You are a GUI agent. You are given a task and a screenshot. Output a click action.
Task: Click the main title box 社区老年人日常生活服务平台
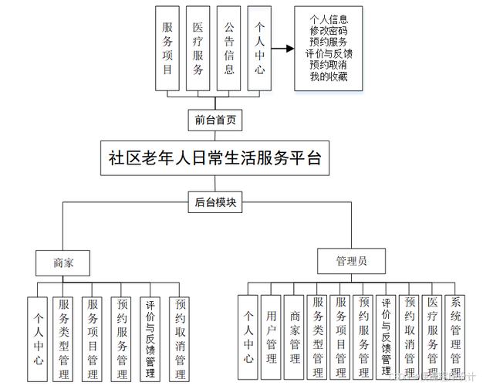[x=215, y=160]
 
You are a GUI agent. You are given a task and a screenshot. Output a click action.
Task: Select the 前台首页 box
[x=215, y=120]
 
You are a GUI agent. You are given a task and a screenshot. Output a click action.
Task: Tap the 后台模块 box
[x=215, y=203]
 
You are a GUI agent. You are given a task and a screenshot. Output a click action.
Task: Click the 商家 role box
[x=63, y=262]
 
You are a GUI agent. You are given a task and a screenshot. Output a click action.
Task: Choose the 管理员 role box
[x=351, y=262]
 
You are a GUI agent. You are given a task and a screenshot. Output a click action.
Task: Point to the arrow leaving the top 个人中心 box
[x=285, y=49]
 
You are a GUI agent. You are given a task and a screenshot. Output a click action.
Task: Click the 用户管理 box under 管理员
[x=270, y=337]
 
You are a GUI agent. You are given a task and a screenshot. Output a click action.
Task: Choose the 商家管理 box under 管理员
[x=294, y=337]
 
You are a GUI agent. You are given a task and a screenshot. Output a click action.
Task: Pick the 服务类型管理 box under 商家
[x=66, y=337]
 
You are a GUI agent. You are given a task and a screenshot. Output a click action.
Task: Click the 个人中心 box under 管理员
[x=248, y=337]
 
